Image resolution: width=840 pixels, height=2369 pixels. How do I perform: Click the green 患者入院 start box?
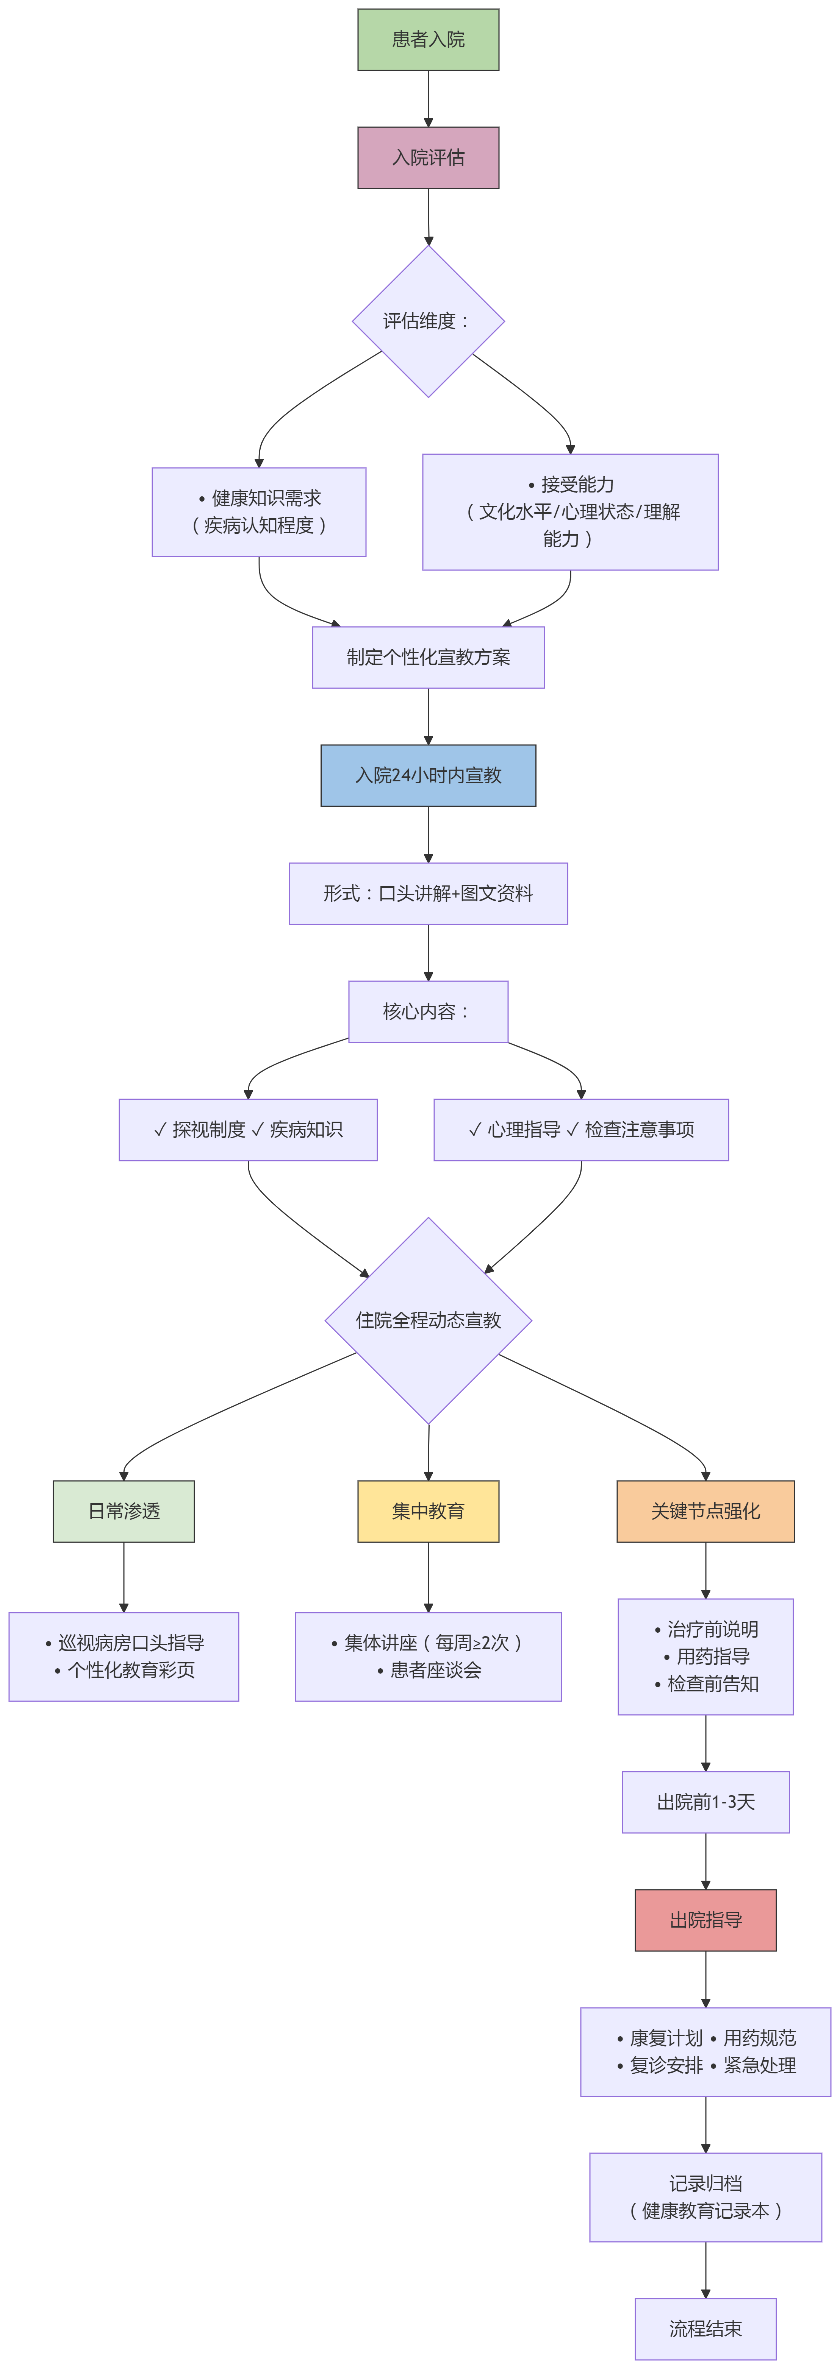pos(428,39)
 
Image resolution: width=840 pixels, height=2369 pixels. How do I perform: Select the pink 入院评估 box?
pos(428,157)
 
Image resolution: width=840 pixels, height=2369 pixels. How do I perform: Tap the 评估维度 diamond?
pos(428,321)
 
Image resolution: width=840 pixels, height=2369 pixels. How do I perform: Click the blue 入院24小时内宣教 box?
pos(428,775)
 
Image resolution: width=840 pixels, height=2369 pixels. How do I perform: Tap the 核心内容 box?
pos(428,1012)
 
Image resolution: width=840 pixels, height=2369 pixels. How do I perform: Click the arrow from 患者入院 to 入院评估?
pos(428,98)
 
